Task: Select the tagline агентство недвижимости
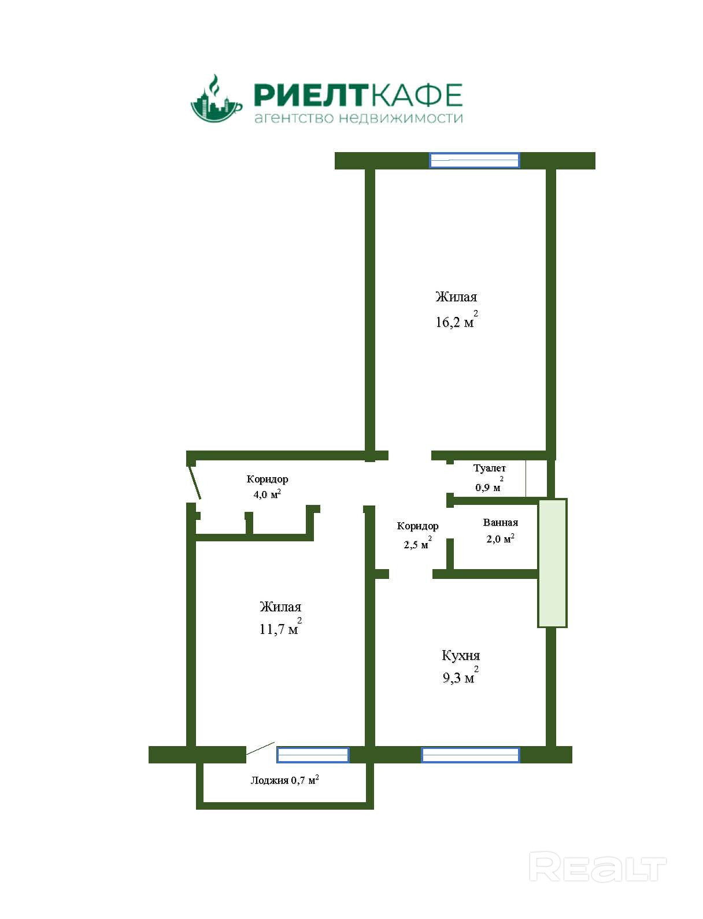pyautogui.click(x=358, y=119)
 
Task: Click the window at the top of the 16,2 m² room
pyautogui.click(x=474, y=160)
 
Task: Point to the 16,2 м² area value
pyautogui.click(x=456, y=322)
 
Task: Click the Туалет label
pyautogui.click(x=489, y=468)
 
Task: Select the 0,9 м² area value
pyautogui.click(x=489, y=487)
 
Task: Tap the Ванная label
pyautogui.click(x=500, y=523)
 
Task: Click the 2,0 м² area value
pyautogui.click(x=500, y=539)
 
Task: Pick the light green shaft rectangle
pyautogui.click(x=552, y=563)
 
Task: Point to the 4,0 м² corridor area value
pyautogui.click(x=267, y=494)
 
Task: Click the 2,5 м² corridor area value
pyautogui.click(x=417, y=544)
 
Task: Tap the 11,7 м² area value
pyautogui.click(x=280, y=629)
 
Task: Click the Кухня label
pyautogui.click(x=461, y=655)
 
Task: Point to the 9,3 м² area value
pyautogui.click(x=460, y=677)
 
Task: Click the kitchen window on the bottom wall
pyautogui.click(x=470, y=755)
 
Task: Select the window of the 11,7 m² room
pyautogui.click(x=313, y=755)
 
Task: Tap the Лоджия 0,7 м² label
pyautogui.click(x=284, y=780)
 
